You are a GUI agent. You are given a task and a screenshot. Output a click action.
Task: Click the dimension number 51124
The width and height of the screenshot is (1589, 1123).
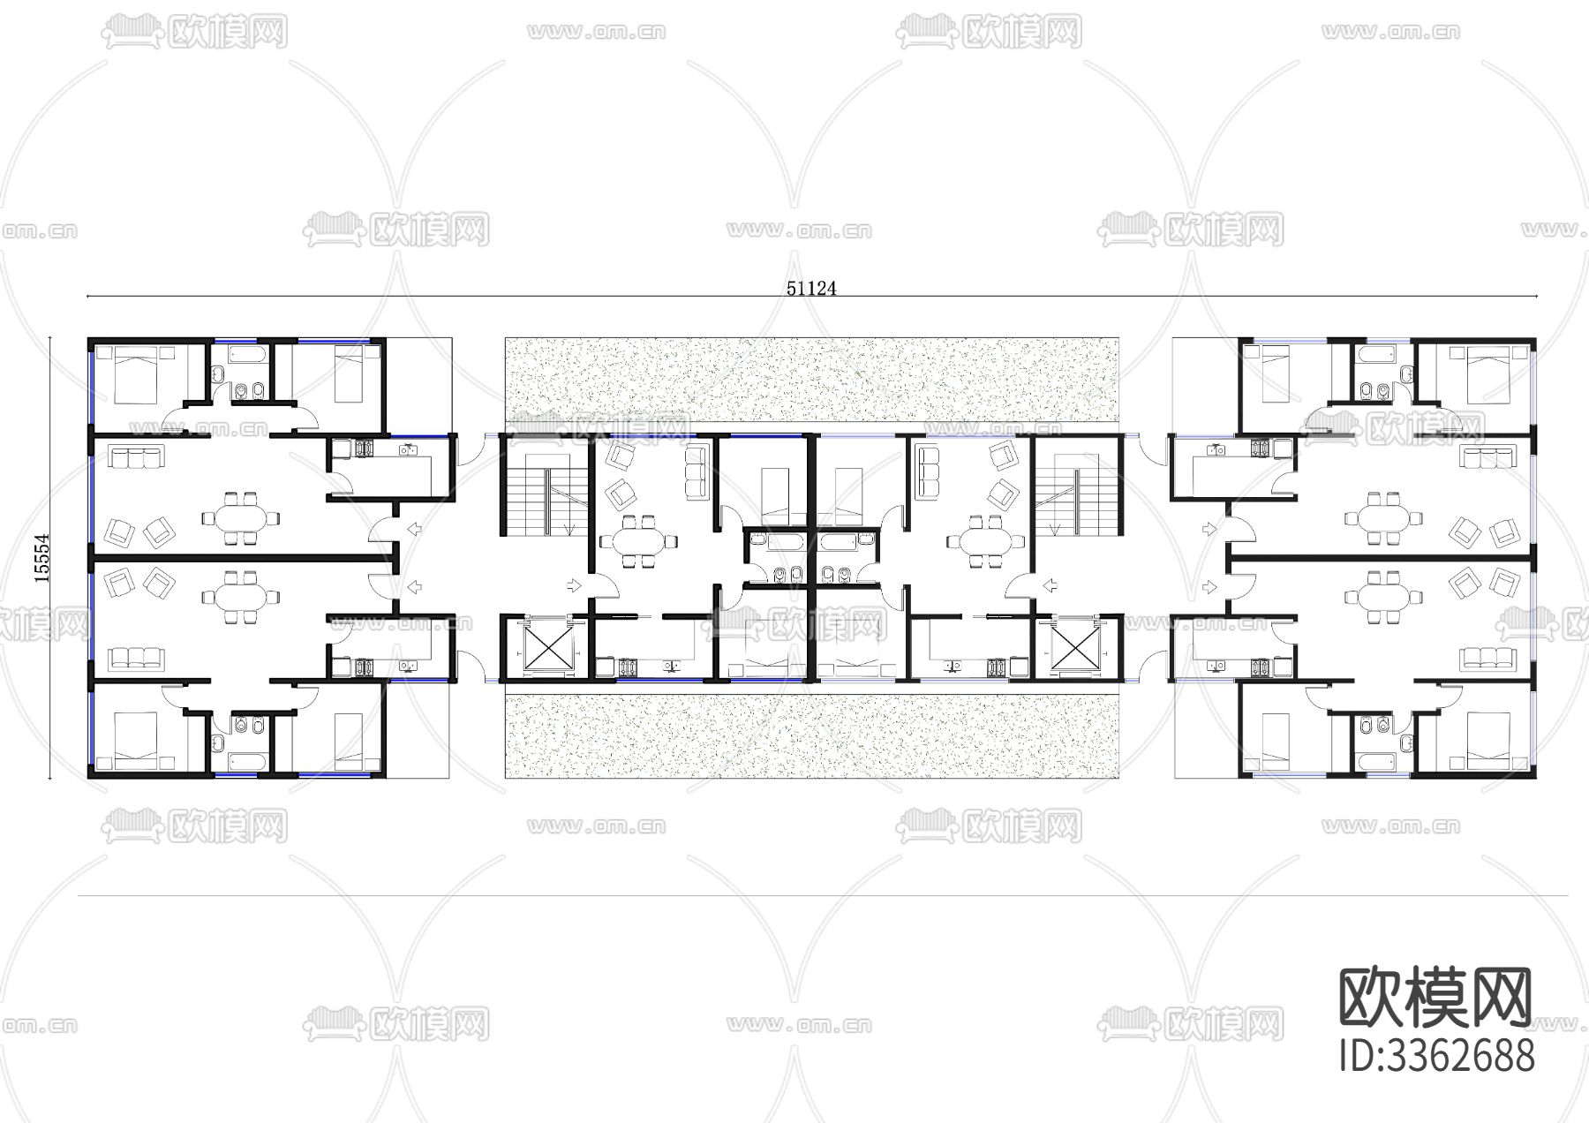pyautogui.click(x=810, y=288)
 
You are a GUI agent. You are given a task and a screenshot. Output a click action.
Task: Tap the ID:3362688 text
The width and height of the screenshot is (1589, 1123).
pyautogui.click(x=1436, y=1055)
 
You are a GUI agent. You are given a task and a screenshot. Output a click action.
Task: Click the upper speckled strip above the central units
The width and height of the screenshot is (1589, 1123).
pyautogui.click(x=810, y=384)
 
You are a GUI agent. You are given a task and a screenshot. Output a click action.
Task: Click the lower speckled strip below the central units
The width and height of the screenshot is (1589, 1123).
pyautogui.click(x=810, y=734)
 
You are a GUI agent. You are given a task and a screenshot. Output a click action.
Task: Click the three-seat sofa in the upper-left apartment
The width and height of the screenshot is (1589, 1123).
pyautogui.click(x=135, y=457)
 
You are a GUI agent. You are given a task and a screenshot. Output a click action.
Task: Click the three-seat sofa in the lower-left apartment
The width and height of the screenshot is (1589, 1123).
pyautogui.click(x=135, y=658)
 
